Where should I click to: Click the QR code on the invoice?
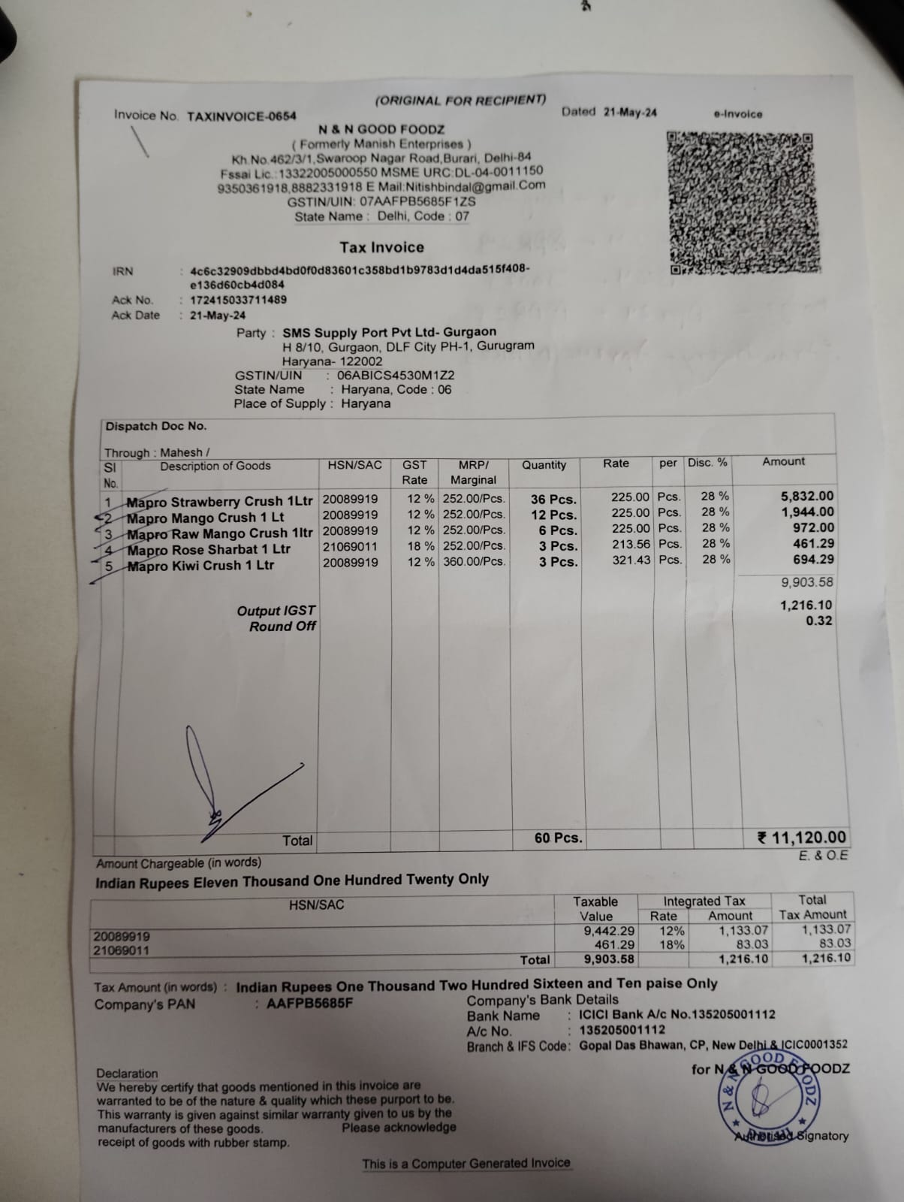coord(742,203)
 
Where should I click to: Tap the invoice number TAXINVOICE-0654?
coord(241,116)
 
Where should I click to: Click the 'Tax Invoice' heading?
coord(381,247)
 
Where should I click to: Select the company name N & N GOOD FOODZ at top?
coord(381,129)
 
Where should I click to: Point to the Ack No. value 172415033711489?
coord(238,300)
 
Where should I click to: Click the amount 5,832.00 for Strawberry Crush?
coord(807,496)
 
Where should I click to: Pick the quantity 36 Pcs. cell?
coord(553,500)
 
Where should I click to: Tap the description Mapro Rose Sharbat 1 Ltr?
coord(209,550)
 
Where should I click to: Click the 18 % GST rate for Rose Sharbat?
coord(420,546)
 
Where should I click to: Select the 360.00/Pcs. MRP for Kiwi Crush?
coord(474,562)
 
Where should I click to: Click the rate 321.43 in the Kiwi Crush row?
coord(631,560)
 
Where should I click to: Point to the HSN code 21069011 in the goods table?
coord(351,546)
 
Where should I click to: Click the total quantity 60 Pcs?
coord(558,838)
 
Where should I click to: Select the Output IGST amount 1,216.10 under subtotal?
coord(806,605)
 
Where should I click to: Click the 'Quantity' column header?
coord(544,465)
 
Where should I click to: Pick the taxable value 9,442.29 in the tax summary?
coord(609,931)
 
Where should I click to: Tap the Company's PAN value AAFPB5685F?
coord(309,1004)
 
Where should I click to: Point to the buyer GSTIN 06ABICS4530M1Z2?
coord(396,375)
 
